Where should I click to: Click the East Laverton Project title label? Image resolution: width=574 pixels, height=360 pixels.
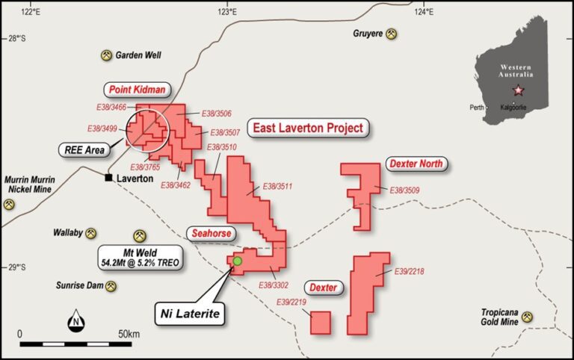pyautogui.click(x=308, y=128)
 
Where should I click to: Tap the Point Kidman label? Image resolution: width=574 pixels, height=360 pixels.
pyautogui.click(x=136, y=90)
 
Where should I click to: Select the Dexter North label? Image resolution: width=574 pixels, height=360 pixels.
pyautogui.click(x=416, y=164)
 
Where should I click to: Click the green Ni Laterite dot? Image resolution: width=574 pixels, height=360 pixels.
pyautogui.click(x=238, y=261)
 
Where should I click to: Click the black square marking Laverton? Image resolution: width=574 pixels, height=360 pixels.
pyautogui.click(x=109, y=179)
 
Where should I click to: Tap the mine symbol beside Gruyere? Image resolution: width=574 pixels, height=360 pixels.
pyautogui.click(x=391, y=34)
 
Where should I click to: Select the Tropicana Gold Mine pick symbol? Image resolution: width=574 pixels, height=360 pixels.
pyautogui.click(x=528, y=317)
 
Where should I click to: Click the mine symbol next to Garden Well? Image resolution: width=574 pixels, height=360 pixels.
pyautogui.click(x=106, y=55)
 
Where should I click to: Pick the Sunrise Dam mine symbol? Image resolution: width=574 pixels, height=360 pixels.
pyautogui.click(x=111, y=285)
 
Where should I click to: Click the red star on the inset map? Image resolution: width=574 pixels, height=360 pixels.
pyautogui.click(x=517, y=90)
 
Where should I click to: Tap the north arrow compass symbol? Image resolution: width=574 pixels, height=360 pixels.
pyautogui.click(x=75, y=323)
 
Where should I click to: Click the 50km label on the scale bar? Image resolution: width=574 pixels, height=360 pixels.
pyautogui.click(x=129, y=332)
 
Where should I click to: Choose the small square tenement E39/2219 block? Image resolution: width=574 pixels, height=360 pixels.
pyautogui.click(x=321, y=323)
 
